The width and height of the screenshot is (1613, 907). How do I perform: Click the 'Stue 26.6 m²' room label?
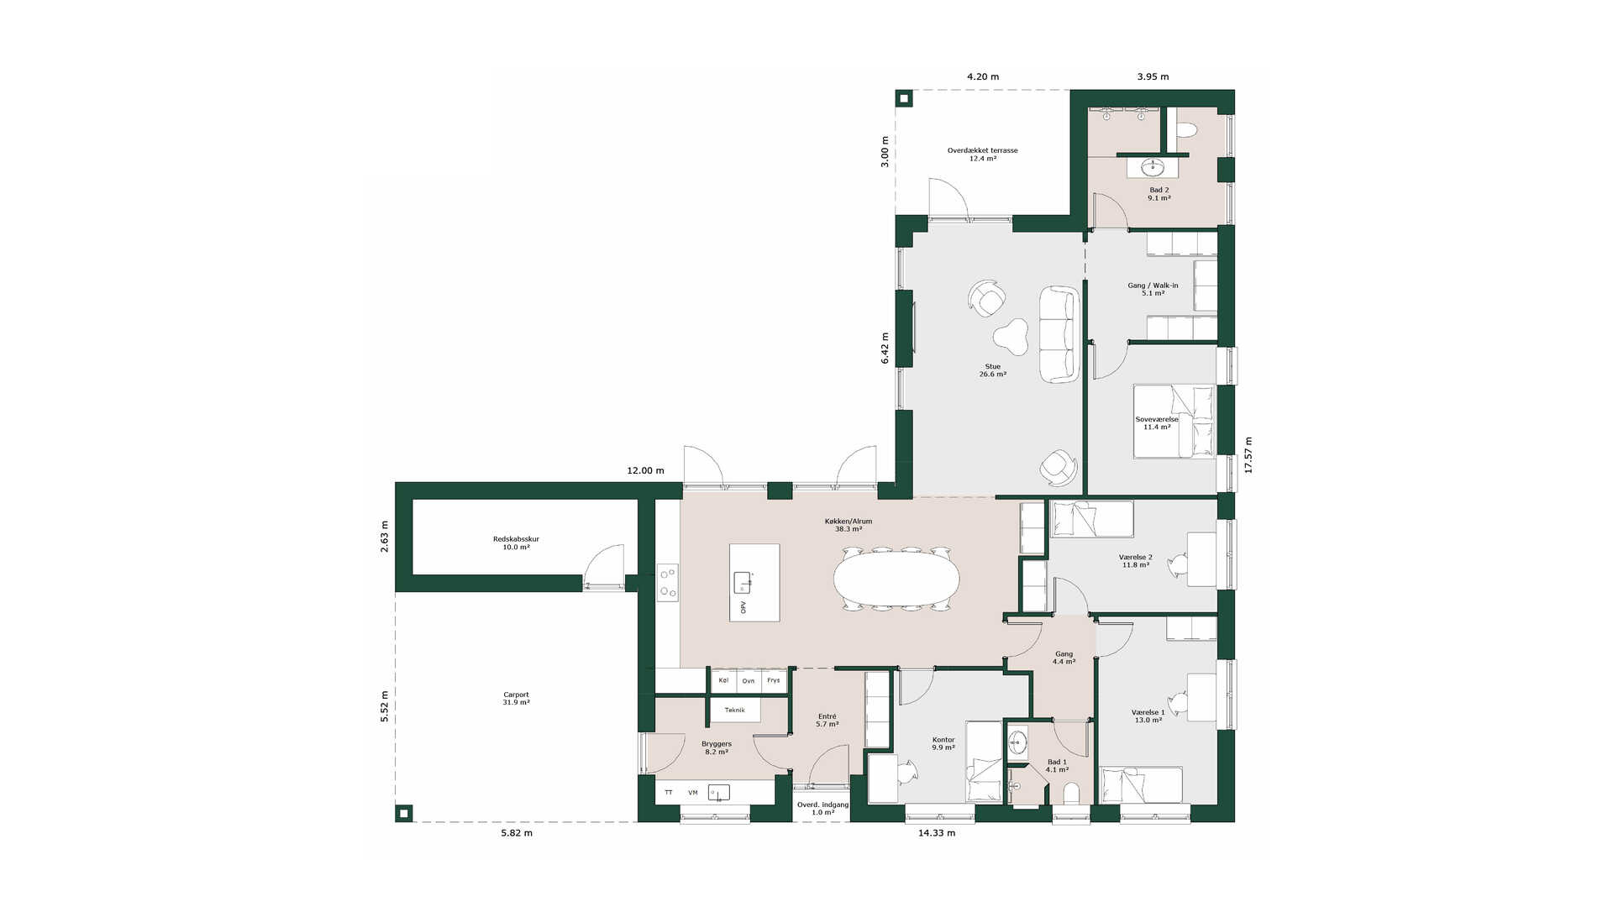[992, 370]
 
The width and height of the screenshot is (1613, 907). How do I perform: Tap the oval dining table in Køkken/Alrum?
[896, 578]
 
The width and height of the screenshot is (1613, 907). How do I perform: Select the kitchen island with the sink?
[754, 583]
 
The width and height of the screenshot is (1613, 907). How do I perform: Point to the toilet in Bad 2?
[1186, 129]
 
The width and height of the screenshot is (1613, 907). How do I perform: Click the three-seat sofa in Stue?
[1059, 334]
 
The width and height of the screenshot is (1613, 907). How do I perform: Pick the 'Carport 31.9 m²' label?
[516, 699]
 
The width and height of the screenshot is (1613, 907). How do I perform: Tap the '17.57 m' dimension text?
[1248, 455]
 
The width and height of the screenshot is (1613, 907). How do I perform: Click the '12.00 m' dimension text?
[645, 471]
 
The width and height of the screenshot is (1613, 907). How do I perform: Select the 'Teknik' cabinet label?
[734, 710]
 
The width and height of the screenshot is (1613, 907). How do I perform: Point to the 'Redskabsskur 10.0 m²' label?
[516, 543]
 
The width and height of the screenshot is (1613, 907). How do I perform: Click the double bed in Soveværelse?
[1174, 422]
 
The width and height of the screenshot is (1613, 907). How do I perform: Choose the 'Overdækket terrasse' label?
[982, 151]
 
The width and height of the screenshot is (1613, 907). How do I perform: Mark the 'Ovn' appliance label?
[749, 681]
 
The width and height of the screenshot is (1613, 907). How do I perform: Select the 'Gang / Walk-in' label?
[1153, 286]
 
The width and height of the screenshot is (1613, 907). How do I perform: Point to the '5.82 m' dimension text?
[517, 833]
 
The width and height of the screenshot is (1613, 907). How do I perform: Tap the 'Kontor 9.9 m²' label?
[943, 744]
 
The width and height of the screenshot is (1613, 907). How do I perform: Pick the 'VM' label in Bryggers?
[693, 793]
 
